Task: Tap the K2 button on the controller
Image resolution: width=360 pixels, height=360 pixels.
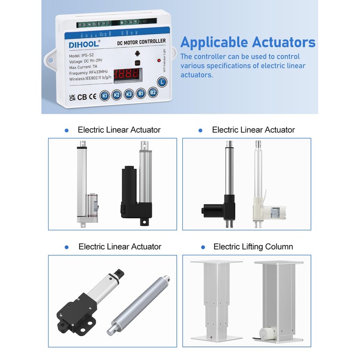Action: coord(117,95)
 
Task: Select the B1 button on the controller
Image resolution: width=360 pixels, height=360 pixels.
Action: coord(141,94)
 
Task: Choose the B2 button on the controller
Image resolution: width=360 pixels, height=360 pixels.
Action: coord(153,92)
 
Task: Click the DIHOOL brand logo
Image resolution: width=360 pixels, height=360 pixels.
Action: coord(84,45)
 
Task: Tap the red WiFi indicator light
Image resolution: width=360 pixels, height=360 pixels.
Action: coord(158,60)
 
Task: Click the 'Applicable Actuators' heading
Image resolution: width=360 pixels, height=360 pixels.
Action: coord(247,42)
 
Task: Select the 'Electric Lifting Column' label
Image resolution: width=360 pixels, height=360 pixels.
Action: coord(253,247)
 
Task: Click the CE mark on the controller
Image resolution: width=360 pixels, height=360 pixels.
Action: coord(92,96)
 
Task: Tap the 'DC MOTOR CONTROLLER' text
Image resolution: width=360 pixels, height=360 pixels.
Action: coord(141,41)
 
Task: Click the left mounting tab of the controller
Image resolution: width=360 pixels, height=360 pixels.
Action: coord(49,59)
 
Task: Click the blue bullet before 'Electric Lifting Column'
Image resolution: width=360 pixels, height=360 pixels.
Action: coord(203,247)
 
